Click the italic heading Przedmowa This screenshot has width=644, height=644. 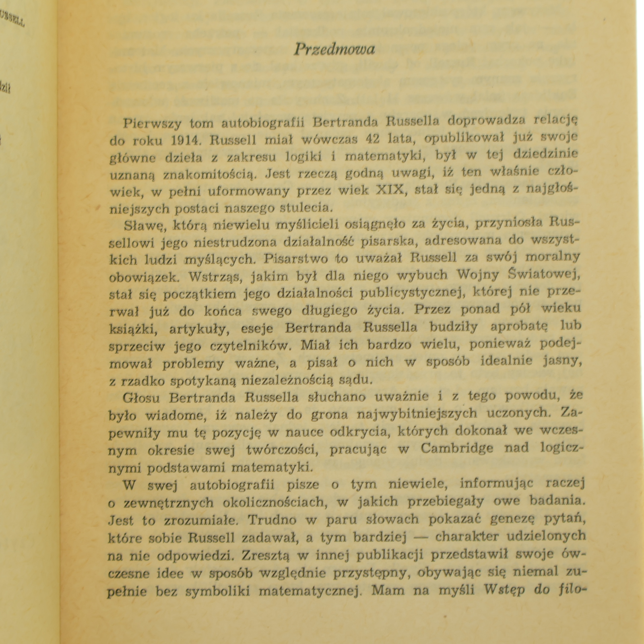pyautogui.click(x=334, y=50)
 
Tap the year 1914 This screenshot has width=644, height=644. pyautogui.click(x=185, y=140)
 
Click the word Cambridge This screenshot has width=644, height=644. pyautogui.click(x=457, y=448)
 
